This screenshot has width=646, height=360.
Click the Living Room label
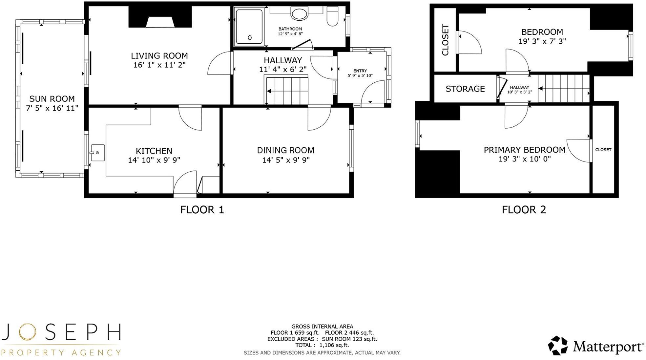point(159,56)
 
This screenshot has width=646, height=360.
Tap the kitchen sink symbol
point(97,153)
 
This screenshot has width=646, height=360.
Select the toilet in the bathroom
point(332,16)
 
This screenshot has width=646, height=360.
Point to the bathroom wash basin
point(299,14)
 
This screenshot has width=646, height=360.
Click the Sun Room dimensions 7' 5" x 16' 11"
point(52,108)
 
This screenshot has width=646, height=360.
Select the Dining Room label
point(285,150)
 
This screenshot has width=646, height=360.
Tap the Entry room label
point(360,71)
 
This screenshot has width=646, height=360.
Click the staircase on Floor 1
point(287,91)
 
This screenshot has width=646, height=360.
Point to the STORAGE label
point(465,89)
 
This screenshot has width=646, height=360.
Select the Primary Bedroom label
point(524,150)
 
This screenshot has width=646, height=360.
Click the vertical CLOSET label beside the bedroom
point(445,40)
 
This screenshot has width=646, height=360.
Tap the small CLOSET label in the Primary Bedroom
point(603,150)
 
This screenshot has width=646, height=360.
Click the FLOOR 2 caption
point(524,210)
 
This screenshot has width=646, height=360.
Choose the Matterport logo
point(595,346)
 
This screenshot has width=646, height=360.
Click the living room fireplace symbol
point(160,22)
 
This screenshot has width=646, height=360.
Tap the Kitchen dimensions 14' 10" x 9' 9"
point(154,160)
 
